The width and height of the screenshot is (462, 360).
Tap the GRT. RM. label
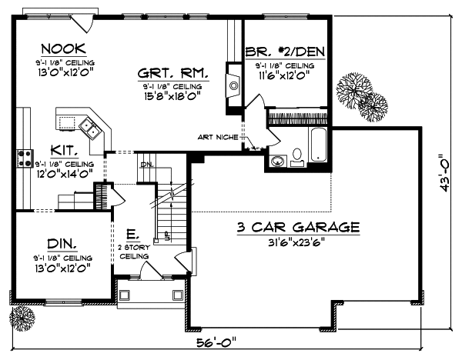[x=174, y=73]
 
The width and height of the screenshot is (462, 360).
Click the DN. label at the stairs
[x=147, y=164]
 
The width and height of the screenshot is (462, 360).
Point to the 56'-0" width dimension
[x=218, y=342]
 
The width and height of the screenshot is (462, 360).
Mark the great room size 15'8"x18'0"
[x=172, y=97]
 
